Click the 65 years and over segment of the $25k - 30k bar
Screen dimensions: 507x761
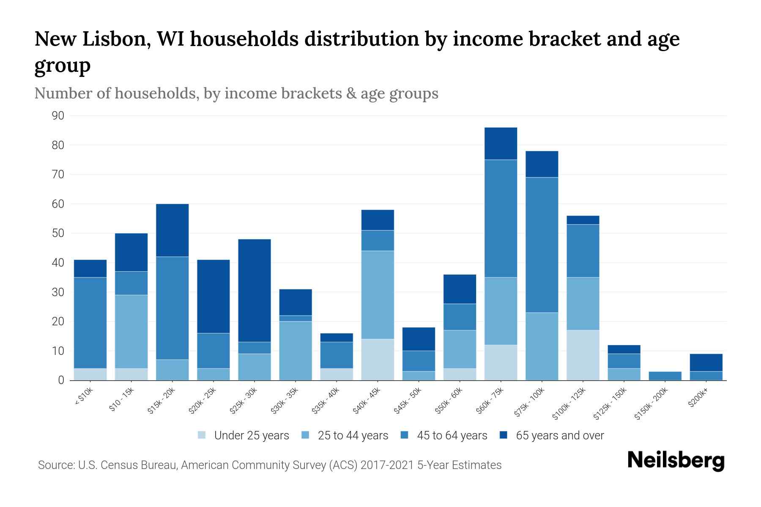[255, 290]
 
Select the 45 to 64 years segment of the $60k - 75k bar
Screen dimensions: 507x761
[501, 218]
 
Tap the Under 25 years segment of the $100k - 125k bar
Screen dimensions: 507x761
[583, 355]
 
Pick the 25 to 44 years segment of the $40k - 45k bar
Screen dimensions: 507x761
[378, 294]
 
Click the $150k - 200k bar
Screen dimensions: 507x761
[665, 376]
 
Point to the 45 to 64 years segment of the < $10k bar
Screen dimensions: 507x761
[90, 323]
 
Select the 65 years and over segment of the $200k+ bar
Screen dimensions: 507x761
[706, 363]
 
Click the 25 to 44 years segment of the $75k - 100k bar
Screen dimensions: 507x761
[542, 346]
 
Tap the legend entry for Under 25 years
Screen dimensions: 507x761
[244, 436]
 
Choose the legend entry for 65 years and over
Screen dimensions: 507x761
[552, 436]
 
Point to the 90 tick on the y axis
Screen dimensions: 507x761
[58, 116]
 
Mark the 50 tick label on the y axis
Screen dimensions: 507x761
[58, 233]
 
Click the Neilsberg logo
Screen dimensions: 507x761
[676, 461]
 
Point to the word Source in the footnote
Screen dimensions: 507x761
[55, 465]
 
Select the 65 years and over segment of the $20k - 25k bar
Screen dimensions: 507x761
[214, 296]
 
